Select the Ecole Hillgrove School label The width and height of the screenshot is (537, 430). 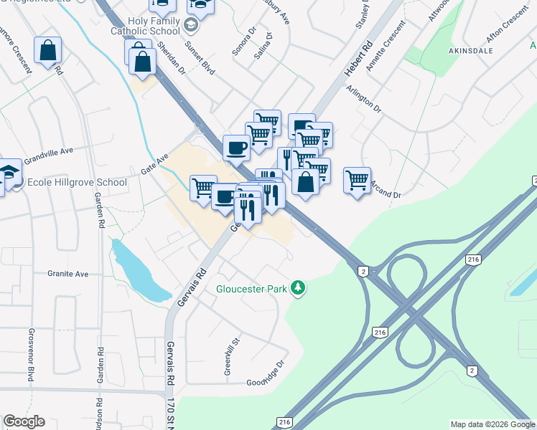coord(77,182)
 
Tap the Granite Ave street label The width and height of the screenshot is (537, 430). coord(67,274)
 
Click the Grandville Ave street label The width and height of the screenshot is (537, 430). coord(49,153)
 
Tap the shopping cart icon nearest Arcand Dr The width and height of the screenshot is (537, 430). coord(357,179)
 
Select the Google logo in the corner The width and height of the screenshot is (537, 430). coord(24,421)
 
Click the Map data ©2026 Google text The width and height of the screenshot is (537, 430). coord(492,424)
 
